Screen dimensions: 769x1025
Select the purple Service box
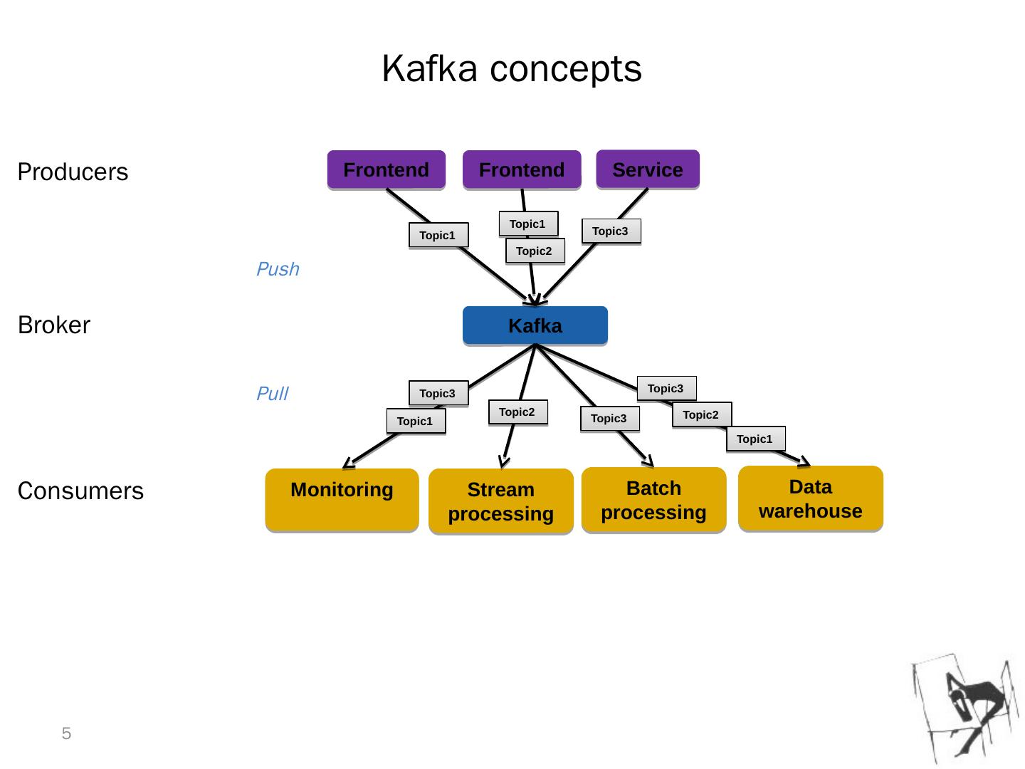(x=648, y=169)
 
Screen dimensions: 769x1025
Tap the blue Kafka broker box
(x=535, y=325)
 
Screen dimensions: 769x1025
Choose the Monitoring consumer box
(x=342, y=500)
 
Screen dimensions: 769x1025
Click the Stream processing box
(x=501, y=501)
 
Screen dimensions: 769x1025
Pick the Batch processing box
(x=653, y=500)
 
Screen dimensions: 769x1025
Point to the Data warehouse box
(x=811, y=498)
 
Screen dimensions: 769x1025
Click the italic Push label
(x=278, y=269)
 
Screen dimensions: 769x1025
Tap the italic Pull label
(x=272, y=394)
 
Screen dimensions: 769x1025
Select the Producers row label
(x=73, y=172)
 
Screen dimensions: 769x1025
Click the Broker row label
(x=54, y=325)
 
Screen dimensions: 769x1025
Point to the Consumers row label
(x=80, y=491)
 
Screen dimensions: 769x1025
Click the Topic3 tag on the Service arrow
(x=611, y=231)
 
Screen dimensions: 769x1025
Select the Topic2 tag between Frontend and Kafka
(x=535, y=251)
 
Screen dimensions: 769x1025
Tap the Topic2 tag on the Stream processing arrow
(x=517, y=412)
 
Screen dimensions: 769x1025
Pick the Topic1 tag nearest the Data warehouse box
(x=755, y=439)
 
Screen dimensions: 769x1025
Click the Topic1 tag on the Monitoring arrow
(x=416, y=421)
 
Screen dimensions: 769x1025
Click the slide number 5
(x=67, y=734)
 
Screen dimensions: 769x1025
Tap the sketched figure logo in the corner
(x=965, y=708)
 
